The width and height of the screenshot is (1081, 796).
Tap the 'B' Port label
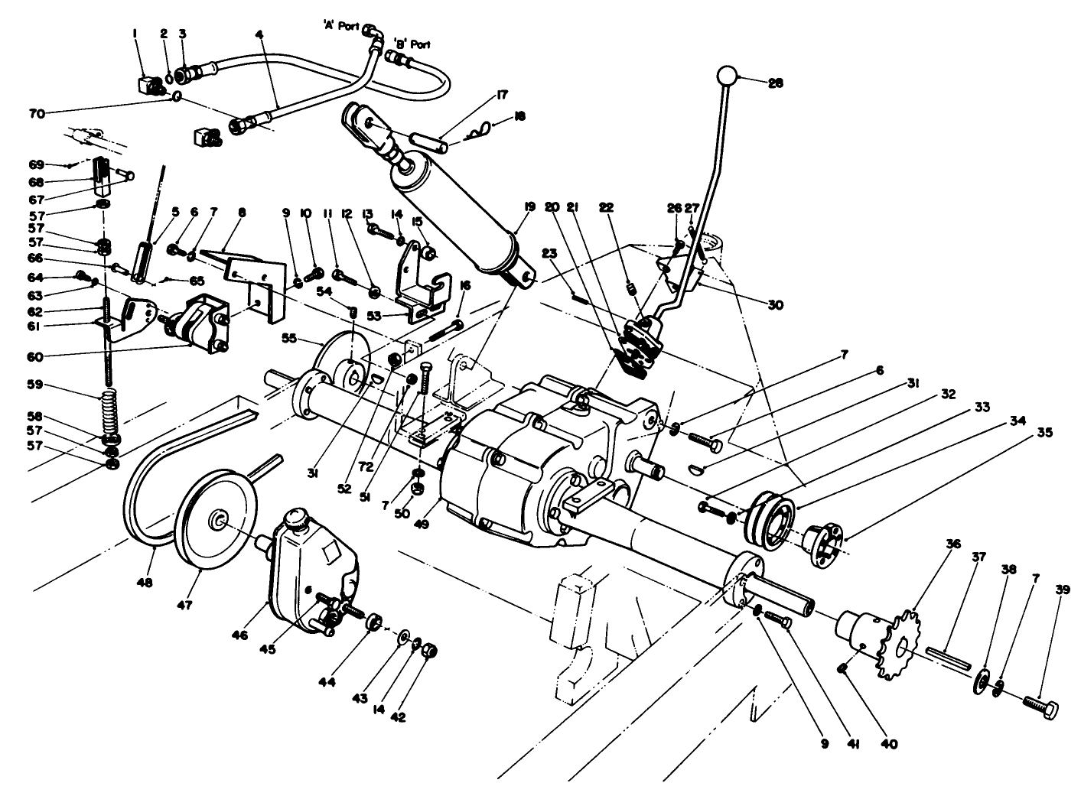click(x=411, y=44)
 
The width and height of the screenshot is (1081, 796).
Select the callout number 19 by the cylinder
click(x=529, y=206)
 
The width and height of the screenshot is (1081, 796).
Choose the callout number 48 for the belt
click(x=144, y=583)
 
